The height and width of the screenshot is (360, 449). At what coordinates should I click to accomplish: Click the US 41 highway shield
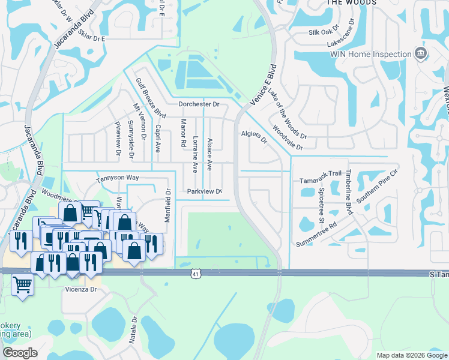(196, 274)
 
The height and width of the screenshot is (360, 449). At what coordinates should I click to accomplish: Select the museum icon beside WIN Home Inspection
(421, 53)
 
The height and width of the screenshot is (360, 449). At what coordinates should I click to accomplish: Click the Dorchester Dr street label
(199, 104)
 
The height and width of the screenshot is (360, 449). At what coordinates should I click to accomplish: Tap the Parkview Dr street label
(205, 191)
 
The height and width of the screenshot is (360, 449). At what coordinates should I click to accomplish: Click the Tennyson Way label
(118, 179)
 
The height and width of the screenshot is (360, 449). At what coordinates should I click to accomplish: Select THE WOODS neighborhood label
(351, 3)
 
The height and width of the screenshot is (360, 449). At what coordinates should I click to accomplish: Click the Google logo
(19, 353)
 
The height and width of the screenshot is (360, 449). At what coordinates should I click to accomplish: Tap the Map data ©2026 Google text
(411, 355)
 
